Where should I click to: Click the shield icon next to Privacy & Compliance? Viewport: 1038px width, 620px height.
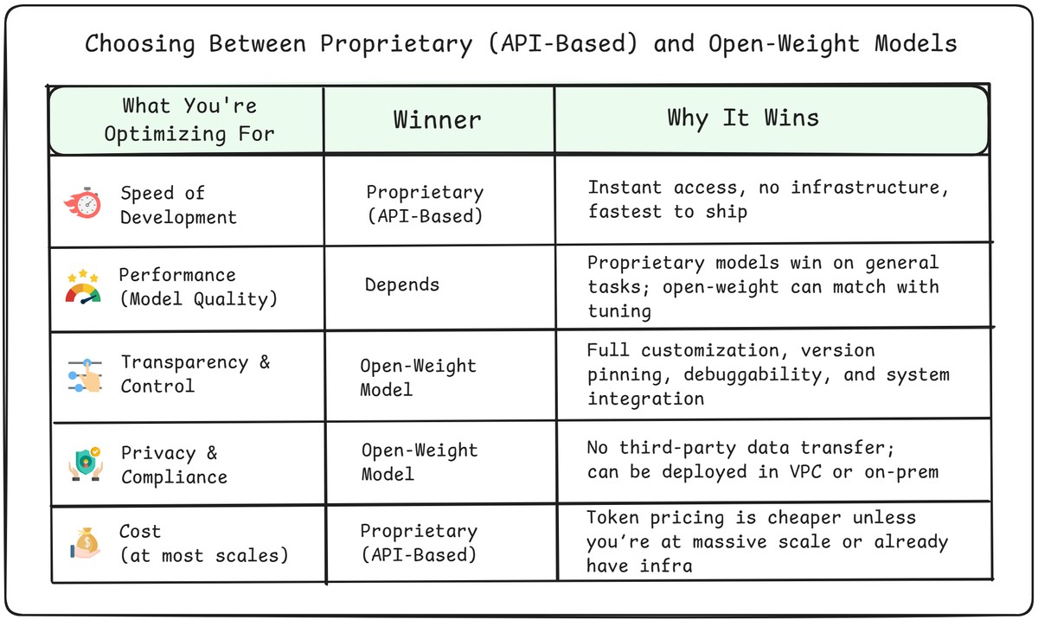[x=85, y=464]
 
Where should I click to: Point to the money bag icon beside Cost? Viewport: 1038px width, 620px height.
[x=85, y=544]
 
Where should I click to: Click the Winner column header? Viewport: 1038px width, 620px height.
[x=437, y=119]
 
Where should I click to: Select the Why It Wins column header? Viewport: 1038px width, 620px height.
[x=742, y=118]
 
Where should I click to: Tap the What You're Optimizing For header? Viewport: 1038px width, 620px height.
[x=189, y=119]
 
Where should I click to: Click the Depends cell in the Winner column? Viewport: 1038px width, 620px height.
[x=401, y=284]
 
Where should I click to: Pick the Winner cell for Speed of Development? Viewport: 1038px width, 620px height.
[x=424, y=204]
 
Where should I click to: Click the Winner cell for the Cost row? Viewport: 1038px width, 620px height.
[x=418, y=542]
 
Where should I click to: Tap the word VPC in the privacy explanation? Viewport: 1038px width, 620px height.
[x=799, y=471]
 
